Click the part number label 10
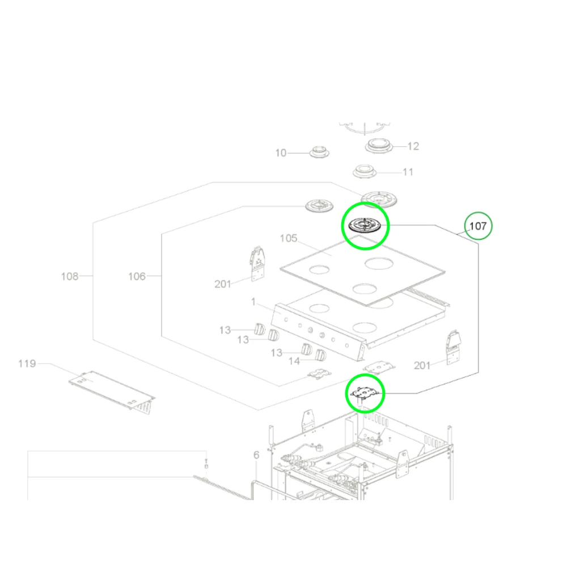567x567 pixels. pos(281,153)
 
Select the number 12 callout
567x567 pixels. pos(413,146)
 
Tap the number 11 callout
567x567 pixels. pos(408,172)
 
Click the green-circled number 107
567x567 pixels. pos(479,226)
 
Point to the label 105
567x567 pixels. pos(289,238)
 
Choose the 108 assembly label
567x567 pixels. pos(70,277)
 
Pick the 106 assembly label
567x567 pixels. pos(137,277)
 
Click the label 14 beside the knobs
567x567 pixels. pos(294,361)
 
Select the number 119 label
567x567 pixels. pos(27,363)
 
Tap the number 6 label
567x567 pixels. pos(256,455)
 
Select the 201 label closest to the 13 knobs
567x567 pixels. pos(223,284)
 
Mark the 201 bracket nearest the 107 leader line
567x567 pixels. pos(454,347)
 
